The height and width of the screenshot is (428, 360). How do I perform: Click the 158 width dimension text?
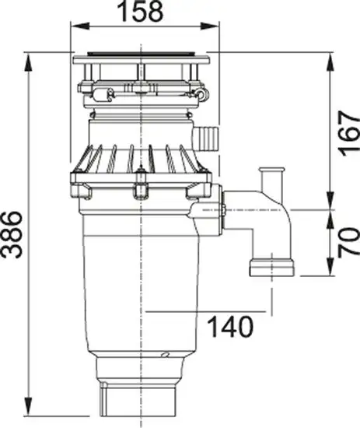click(x=142, y=12)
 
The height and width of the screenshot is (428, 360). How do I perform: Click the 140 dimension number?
click(x=230, y=327)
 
